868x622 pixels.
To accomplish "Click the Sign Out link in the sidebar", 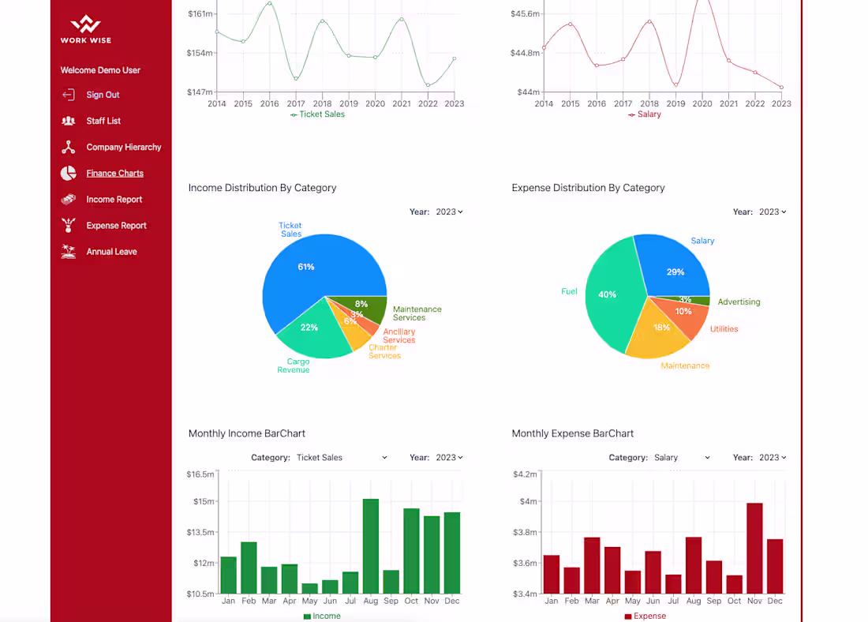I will coord(103,95).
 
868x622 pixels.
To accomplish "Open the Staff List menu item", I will coord(103,121).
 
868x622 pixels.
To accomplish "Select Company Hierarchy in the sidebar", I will coord(123,147).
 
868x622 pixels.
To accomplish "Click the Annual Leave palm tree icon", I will coord(69,252).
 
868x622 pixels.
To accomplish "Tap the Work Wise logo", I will coord(85,29).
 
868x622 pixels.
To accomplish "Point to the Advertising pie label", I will coord(739,302).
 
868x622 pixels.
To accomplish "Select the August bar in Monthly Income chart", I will coord(370,545).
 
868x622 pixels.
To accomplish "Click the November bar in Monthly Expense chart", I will coord(754,548).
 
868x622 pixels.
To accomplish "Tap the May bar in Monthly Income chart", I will coord(309,588).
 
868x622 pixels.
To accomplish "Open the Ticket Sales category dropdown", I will coord(342,458).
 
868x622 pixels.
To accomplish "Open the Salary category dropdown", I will coord(682,458).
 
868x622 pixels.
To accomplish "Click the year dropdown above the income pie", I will coord(449,212).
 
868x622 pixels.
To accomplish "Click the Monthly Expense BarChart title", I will coord(572,433).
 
